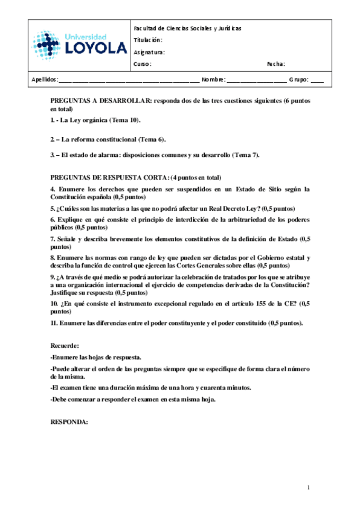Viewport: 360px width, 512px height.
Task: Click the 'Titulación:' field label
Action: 148,40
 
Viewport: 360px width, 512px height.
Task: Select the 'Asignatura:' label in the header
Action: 149,52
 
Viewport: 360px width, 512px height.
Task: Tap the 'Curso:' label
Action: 143,64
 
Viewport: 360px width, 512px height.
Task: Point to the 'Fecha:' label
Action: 275,64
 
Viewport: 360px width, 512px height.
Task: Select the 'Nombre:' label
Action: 213,80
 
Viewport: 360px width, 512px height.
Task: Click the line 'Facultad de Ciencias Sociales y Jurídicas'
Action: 187,28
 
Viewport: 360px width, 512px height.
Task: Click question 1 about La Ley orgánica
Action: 96,121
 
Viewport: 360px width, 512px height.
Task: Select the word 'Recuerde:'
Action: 65,345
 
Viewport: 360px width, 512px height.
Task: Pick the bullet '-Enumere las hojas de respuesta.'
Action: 96,357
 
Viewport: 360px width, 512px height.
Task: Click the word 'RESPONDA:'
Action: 69,422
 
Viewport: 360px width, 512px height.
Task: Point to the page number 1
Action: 308,487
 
